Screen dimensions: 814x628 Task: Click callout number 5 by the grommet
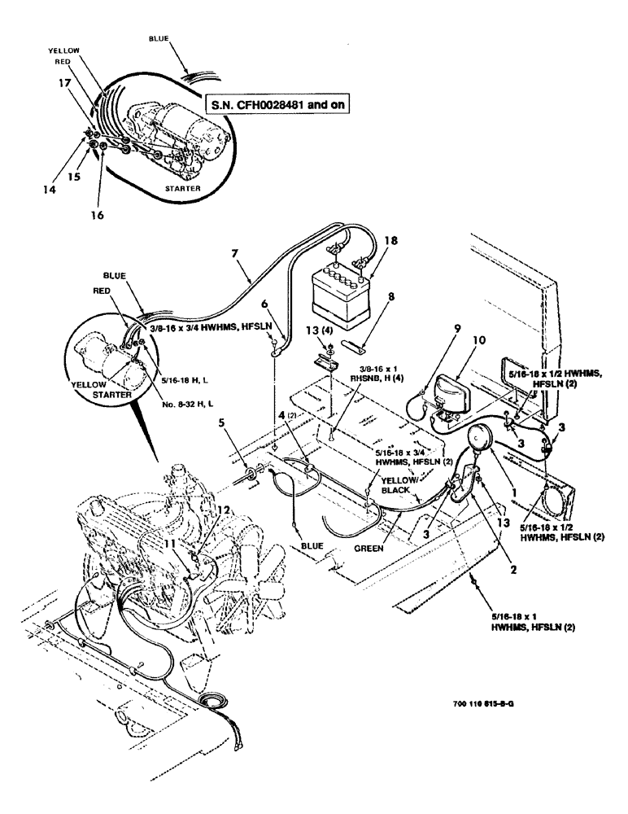[223, 422]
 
